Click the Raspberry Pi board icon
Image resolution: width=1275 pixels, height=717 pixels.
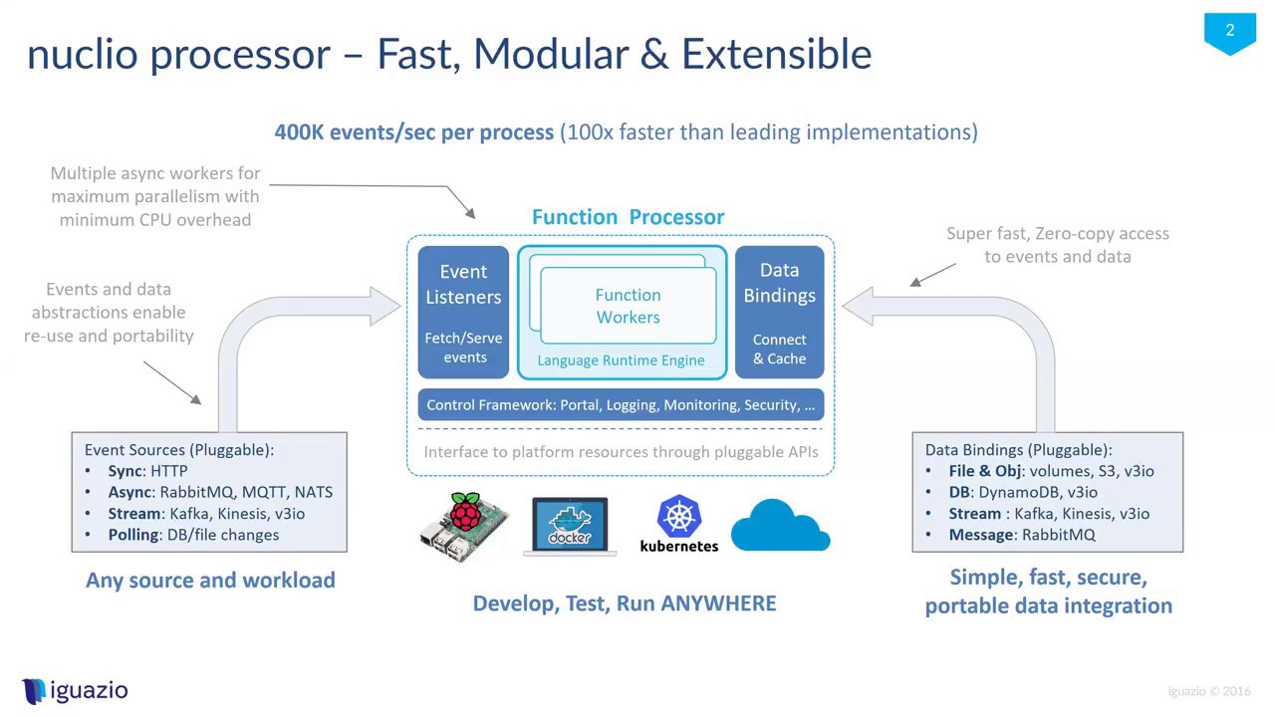pos(463,526)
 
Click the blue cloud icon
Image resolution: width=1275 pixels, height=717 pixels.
pos(780,525)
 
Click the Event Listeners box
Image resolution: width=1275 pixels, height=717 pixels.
pos(463,313)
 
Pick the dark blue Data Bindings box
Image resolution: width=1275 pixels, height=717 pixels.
pos(779,313)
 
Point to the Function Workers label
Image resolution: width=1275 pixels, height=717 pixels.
pos(628,306)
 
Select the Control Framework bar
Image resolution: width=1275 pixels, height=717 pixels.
pos(621,404)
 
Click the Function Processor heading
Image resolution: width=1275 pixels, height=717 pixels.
pos(628,217)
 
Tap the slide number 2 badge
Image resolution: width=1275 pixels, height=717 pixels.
pos(1229,32)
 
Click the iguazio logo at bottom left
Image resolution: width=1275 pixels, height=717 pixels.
pos(76,690)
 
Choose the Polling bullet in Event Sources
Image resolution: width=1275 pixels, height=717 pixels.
pos(193,535)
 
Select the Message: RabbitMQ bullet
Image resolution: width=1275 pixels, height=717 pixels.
pos(1021,535)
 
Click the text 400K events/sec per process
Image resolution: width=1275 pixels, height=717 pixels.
pos(413,131)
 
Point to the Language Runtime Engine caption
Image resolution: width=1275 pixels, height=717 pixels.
pos(621,360)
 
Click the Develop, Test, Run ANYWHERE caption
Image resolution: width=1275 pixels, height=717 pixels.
pos(624,603)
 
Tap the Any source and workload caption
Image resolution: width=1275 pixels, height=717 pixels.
pos(210,580)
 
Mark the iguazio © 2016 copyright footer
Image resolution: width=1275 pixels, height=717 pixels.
pos(1208,691)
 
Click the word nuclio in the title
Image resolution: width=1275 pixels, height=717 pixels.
pos(82,54)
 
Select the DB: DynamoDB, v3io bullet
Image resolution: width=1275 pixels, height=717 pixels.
pos(1022,492)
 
